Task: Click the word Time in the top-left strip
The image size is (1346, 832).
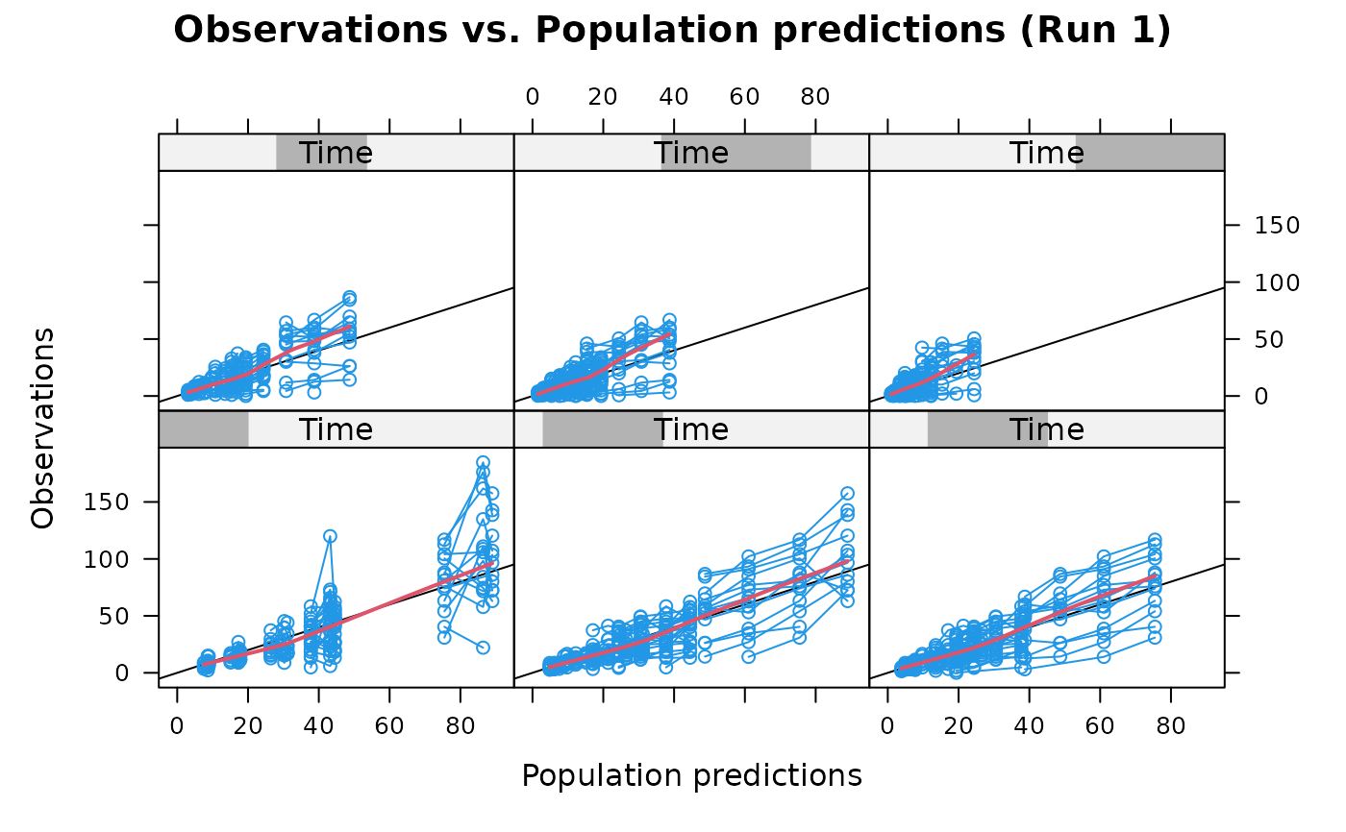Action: pyautogui.click(x=336, y=153)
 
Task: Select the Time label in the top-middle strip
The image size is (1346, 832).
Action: pyautogui.click(x=691, y=153)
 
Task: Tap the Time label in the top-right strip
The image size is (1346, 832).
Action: pyautogui.click(x=1046, y=153)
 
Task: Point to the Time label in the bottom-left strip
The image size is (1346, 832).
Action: pyautogui.click(x=336, y=429)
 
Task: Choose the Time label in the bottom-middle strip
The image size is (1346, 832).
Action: pyautogui.click(x=691, y=429)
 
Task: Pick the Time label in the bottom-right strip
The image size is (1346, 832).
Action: pyautogui.click(x=1046, y=429)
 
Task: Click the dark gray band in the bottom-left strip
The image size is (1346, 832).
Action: pyautogui.click(x=204, y=429)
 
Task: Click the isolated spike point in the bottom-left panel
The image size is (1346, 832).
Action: pyautogui.click(x=330, y=536)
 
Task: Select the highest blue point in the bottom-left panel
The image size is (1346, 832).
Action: pyautogui.click(x=483, y=462)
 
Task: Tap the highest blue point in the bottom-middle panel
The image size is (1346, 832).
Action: pyautogui.click(x=847, y=493)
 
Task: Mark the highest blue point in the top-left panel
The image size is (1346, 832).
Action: pyautogui.click(x=349, y=297)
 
